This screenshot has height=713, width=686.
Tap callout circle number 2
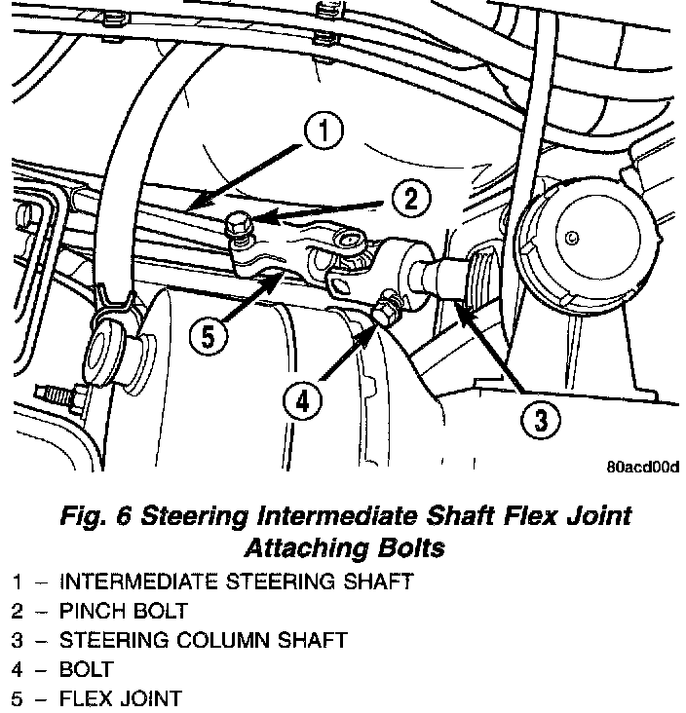[x=411, y=201]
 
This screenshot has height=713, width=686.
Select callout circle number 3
[x=540, y=421]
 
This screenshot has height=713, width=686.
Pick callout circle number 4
[x=303, y=400]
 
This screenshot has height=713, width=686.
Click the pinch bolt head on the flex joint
[x=235, y=229]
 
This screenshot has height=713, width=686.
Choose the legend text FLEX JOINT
[x=120, y=698]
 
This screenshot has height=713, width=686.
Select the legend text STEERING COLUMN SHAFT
[x=203, y=640]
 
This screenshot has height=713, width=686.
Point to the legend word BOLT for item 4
[x=86, y=669]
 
